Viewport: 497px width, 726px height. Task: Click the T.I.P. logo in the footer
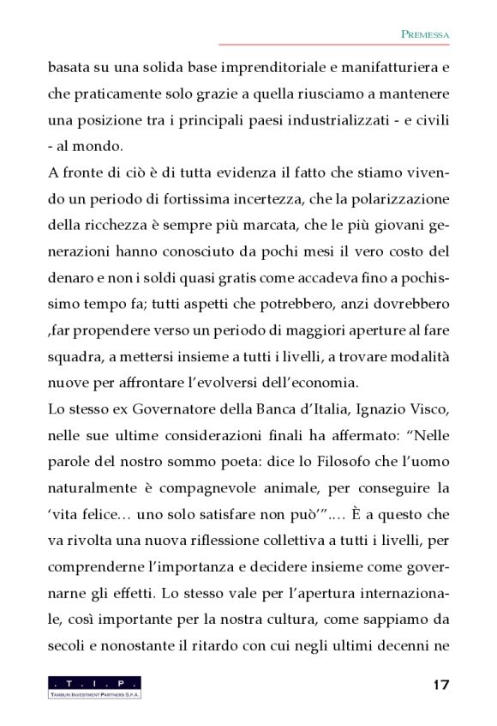coord(94,687)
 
